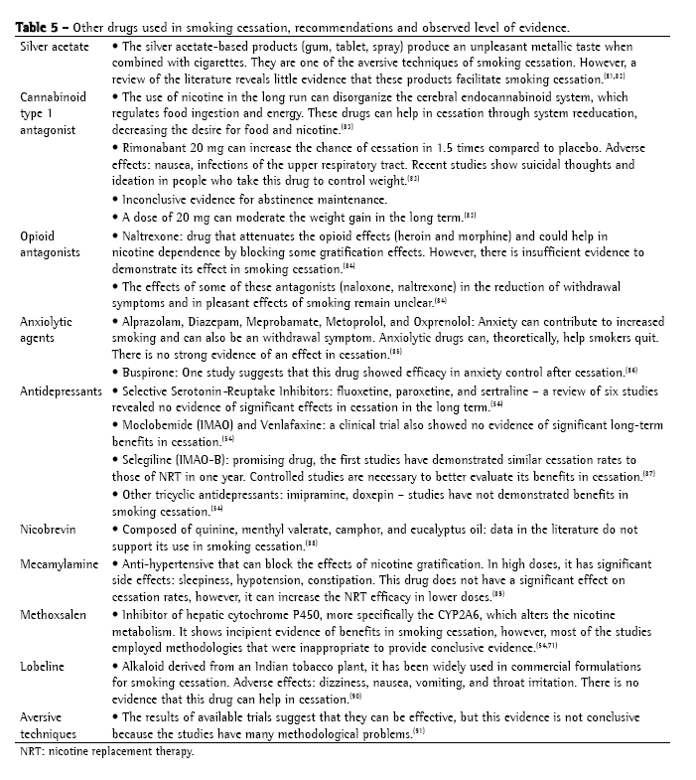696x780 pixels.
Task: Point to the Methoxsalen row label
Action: point(56,615)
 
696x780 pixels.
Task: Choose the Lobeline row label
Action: point(44,666)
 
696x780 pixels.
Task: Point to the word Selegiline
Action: point(151,461)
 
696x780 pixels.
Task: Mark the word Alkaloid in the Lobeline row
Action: point(146,666)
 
